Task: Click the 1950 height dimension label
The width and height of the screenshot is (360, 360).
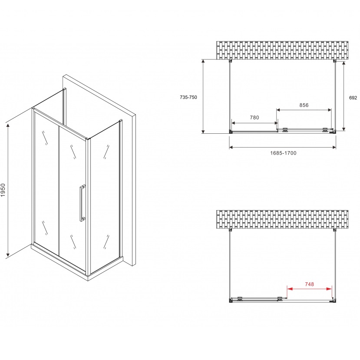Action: (x=3, y=190)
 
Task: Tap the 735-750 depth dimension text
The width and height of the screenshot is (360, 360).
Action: (x=188, y=97)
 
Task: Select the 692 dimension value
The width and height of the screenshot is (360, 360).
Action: (x=353, y=98)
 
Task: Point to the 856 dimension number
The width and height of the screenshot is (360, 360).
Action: (x=304, y=105)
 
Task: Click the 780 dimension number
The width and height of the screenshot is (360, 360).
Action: (x=254, y=117)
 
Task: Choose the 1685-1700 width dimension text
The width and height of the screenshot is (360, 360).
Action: (x=283, y=153)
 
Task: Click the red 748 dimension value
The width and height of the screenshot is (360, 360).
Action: (x=309, y=284)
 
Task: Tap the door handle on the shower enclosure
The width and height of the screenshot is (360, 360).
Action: (x=82, y=203)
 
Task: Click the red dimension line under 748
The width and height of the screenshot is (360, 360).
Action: (x=310, y=289)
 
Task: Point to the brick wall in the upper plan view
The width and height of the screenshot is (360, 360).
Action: (x=282, y=50)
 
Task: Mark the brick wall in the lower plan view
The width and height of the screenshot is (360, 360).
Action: (x=282, y=219)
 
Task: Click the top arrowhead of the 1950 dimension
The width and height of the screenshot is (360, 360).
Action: (x=8, y=126)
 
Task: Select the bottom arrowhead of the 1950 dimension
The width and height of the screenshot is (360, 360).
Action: (x=8, y=254)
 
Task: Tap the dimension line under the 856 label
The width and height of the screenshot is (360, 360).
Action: (x=304, y=110)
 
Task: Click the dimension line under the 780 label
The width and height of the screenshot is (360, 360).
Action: (x=254, y=123)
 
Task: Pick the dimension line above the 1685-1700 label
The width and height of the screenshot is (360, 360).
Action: (x=283, y=147)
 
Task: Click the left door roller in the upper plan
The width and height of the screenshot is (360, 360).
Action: (x=285, y=130)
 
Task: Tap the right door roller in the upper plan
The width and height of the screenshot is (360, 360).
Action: (x=325, y=130)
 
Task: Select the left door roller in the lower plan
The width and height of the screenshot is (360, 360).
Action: (x=240, y=298)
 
